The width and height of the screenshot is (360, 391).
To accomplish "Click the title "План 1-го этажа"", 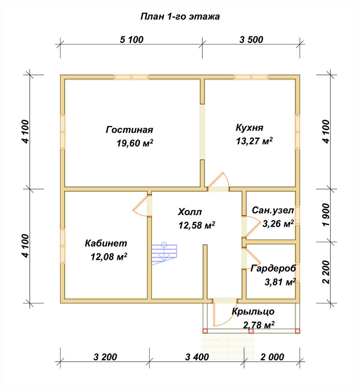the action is coord(180,16).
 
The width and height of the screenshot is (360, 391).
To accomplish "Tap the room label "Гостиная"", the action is coord(129,130).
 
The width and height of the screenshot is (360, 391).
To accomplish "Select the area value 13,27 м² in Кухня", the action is coord(254,141).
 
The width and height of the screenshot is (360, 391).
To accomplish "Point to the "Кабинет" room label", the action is coord(106,243).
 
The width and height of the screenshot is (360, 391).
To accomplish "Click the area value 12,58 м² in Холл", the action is coord(197,226).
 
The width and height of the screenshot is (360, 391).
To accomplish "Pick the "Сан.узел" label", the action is coord(273,211).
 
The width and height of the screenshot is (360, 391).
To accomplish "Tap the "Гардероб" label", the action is coord(273,269).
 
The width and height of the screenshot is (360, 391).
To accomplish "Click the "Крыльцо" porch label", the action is coord(253,312).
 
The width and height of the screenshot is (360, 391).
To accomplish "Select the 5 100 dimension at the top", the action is coord(132,39).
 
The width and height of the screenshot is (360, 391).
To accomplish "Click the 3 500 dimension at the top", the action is coord(251,39).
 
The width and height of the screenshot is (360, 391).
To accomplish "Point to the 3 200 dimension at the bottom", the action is coord(105,357).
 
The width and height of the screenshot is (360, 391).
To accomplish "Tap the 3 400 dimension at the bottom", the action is coord(197,357).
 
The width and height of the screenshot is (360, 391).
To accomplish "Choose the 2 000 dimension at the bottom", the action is coord(272,357).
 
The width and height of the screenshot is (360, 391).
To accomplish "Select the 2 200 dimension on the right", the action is coord(326,272).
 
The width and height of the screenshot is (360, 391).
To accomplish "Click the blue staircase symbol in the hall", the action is coord(164,254).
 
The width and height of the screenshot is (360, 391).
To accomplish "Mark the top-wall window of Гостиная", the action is coord(131,77).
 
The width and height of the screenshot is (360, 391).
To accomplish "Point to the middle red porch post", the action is coord(251,331).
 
